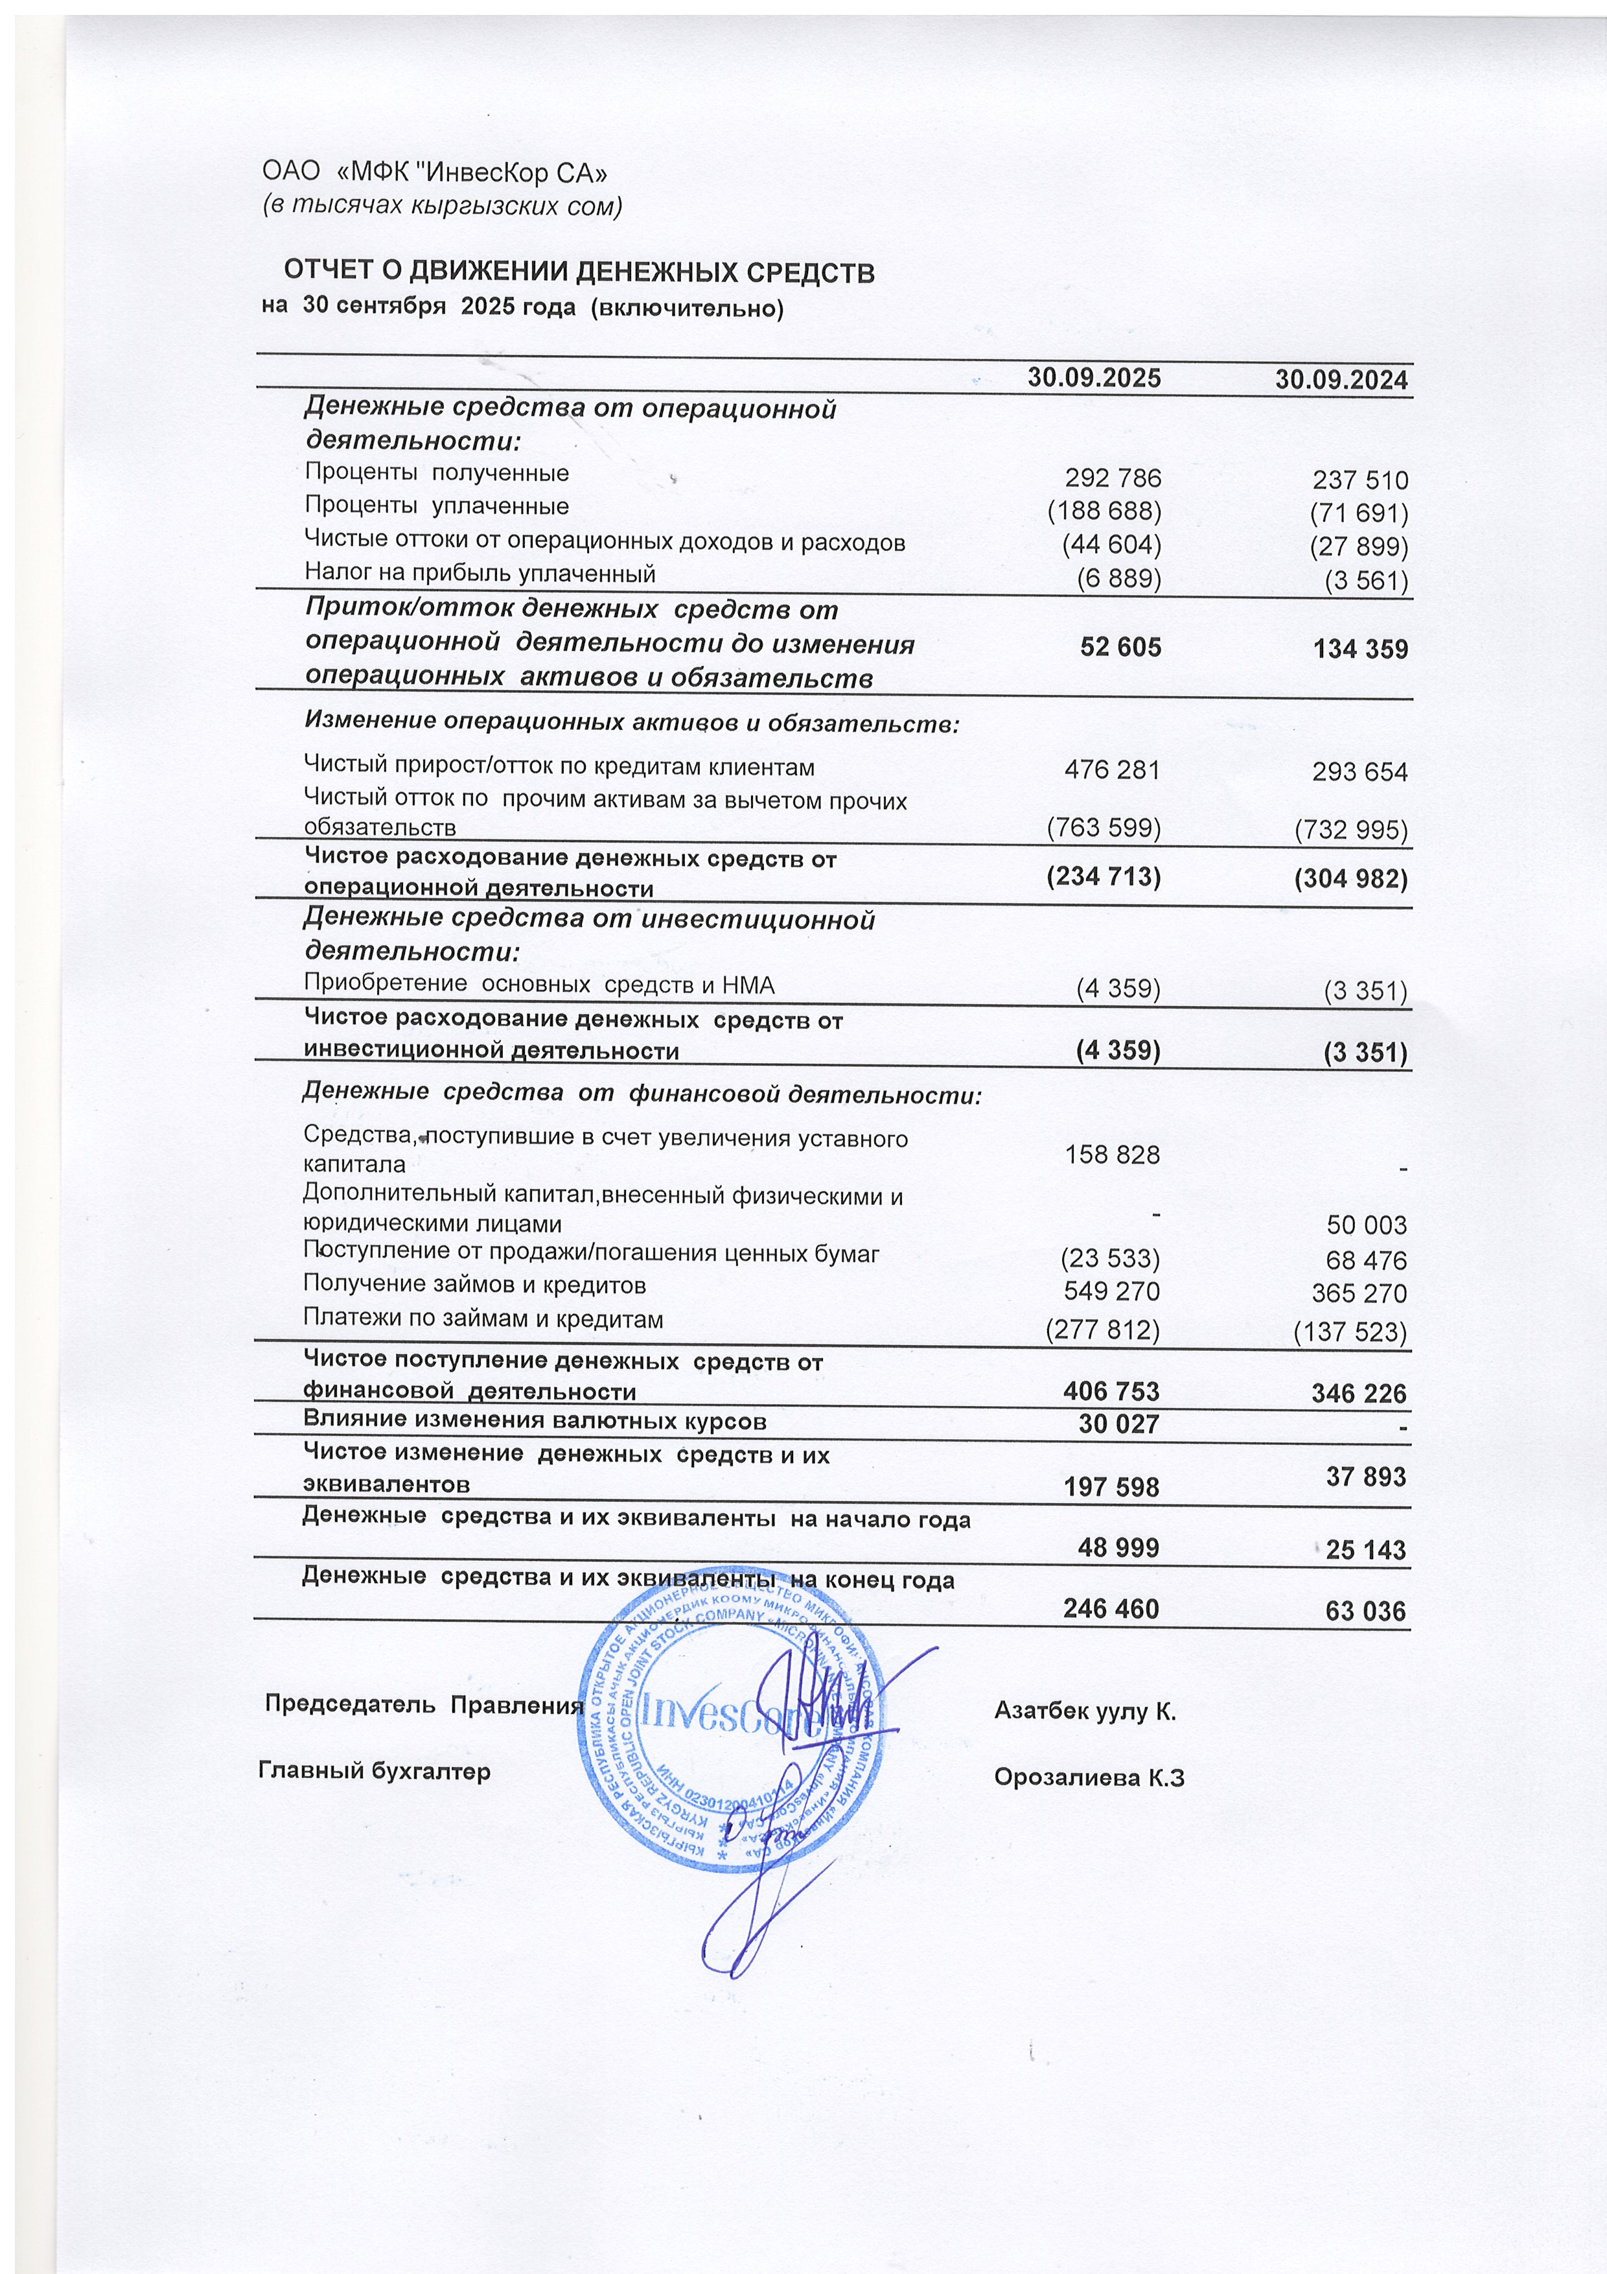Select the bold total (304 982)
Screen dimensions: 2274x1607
pos(1350,880)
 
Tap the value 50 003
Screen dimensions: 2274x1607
pos(1367,1225)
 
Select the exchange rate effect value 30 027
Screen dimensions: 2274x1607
pos(1119,1424)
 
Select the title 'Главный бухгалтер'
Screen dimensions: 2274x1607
pos(375,1771)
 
